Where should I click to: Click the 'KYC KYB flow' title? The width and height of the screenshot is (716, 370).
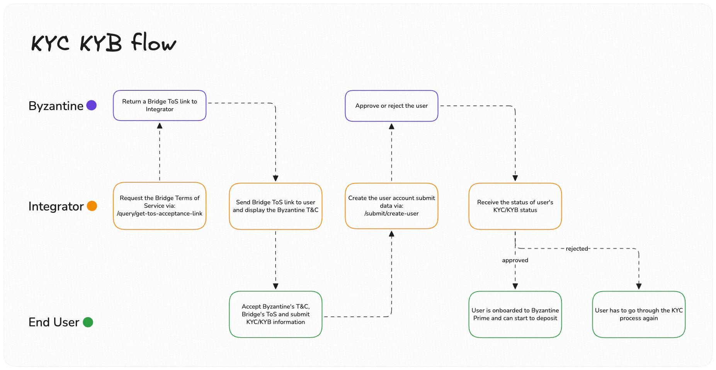(104, 42)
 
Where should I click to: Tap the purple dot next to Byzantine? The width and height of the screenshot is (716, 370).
(91, 105)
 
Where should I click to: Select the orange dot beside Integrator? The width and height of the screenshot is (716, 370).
(92, 206)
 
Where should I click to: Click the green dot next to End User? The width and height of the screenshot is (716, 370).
(88, 322)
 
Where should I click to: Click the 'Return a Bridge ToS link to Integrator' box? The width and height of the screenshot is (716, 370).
(160, 105)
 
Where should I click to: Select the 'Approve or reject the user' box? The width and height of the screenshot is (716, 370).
(391, 106)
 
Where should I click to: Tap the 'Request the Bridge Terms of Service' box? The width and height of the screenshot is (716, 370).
(160, 206)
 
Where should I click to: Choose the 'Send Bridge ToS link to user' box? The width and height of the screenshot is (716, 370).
(276, 206)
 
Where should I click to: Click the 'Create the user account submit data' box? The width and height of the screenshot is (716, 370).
(391, 206)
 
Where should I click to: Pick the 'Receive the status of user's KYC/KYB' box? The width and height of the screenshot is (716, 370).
(515, 206)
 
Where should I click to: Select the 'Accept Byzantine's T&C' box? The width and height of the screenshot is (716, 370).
(276, 314)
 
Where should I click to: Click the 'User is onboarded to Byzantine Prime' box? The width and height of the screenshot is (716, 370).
(515, 314)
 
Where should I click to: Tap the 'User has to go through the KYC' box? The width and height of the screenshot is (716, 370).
(639, 314)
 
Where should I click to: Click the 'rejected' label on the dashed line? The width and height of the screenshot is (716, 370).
(577, 249)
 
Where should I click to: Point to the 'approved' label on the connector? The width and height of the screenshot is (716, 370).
(515, 260)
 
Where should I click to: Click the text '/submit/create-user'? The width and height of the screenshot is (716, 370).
(391, 214)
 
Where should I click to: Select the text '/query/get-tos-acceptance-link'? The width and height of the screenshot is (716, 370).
(160, 214)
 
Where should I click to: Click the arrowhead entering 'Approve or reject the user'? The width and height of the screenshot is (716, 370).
(391, 126)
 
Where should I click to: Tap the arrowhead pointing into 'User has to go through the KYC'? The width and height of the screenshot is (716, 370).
(639, 286)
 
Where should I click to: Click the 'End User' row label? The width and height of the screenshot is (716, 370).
(54, 322)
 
